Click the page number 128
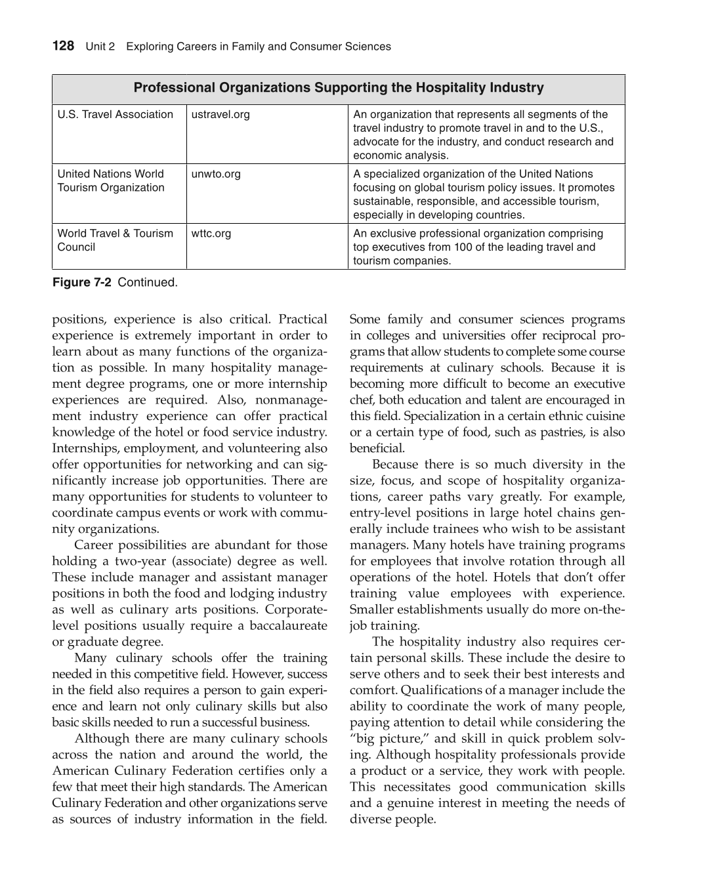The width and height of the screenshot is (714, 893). pyautogui.click(x=63, y=46)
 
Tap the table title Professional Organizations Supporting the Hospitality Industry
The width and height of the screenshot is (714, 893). pyautogui.click(x=339, y=88)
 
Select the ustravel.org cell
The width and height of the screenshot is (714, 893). pyautogui.click(x=220, y=115)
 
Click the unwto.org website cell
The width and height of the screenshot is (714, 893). pyautogui.click(x=216, y=174)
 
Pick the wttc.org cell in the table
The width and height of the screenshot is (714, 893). pyautogui.click(x=211, y=234)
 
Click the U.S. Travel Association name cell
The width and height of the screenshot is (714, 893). pyautogui.click(x=115, y=115)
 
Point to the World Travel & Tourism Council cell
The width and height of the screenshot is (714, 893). pyautogui.click(x=115, y=240)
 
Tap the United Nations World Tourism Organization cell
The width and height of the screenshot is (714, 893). pyautogui.click(x=111, y=181)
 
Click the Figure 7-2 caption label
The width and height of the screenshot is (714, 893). pyautogui.click(x=81, y=283)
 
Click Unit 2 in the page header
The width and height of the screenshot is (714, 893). pyautogui.click(x=100, y=47)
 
